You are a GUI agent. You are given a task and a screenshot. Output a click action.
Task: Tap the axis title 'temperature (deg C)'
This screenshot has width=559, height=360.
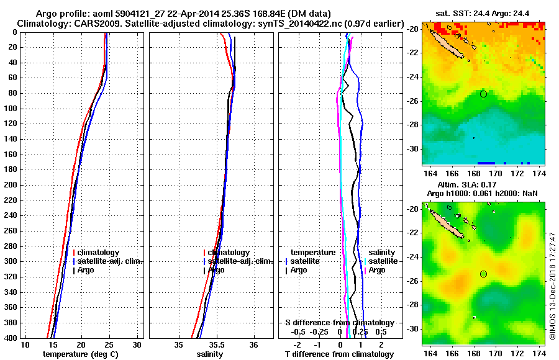click(80, 354)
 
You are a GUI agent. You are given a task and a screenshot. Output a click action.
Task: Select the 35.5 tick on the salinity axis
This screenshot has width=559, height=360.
click(217, 345)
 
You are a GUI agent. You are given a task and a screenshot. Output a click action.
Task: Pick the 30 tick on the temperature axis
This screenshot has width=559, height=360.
click(137, 345)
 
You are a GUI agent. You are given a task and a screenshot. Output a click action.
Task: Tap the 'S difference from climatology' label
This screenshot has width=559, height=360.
click(339, 323)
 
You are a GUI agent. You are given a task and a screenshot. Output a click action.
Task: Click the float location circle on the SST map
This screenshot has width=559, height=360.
click(483, 94)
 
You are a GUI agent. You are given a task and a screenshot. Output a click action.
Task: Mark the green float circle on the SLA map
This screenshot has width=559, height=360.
click(483, 274)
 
